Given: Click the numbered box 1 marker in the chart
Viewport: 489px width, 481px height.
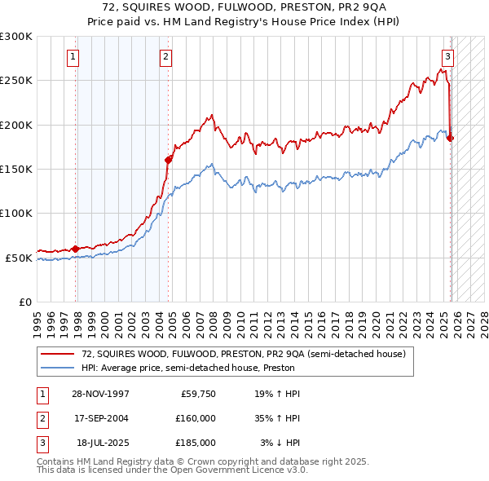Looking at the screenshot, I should coord(73,57).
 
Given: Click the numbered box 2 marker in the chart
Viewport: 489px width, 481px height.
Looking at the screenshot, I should coord(165,57).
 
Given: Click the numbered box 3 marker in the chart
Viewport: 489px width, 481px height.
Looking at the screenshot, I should coord(447,57).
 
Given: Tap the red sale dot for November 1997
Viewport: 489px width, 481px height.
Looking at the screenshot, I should coord(76,249).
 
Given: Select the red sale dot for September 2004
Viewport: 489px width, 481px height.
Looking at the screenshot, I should coord(169,160).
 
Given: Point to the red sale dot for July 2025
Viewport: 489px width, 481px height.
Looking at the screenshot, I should coord(451,138).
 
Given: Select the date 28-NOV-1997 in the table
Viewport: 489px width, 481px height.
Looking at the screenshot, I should coord(102,393).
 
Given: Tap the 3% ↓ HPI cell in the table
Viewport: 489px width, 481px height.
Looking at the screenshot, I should coord(280,443).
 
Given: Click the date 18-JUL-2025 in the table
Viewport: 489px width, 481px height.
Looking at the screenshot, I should coord(103,443).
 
